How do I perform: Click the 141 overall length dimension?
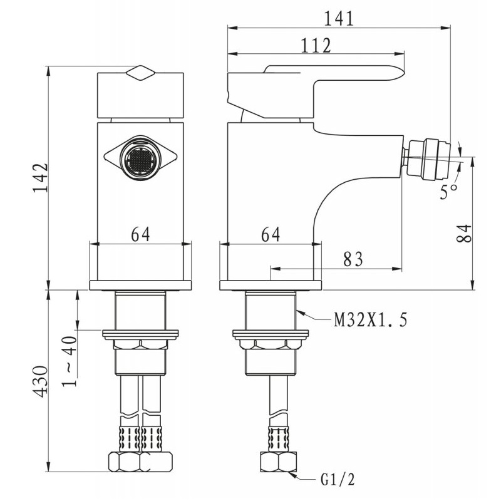(339, 19)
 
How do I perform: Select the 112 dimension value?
(316, 45)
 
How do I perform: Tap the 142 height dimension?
(41, 178)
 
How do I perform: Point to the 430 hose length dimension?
(41, 381)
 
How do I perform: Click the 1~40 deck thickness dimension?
(70, 361)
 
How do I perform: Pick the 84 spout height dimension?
(464, 234)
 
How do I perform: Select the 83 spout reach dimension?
(353, 259)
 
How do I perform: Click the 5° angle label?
(449, 192)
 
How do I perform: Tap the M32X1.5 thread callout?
(371, 320)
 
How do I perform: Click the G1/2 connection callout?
(338, 479)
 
